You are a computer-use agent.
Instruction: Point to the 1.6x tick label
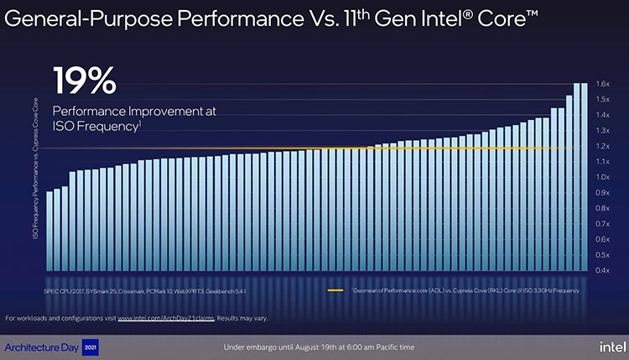602,84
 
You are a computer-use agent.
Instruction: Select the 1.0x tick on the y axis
602,177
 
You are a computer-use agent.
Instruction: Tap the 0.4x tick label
602,270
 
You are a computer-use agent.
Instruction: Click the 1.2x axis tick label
602,146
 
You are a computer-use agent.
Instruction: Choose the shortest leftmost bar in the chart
49,231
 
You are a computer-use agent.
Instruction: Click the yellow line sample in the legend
333,290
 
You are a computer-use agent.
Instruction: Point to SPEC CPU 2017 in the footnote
62,290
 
